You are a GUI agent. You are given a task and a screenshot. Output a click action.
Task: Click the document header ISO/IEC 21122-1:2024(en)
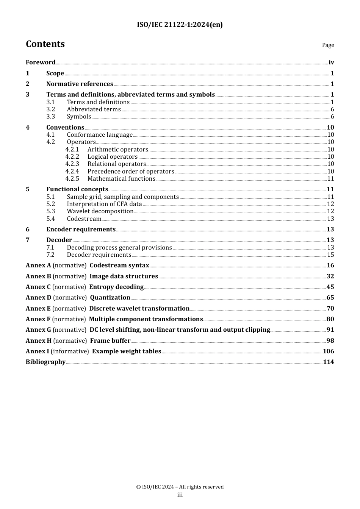[180, 25]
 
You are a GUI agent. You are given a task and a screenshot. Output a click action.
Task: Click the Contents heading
[45, 44]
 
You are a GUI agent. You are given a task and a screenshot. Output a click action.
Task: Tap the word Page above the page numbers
[328, 45]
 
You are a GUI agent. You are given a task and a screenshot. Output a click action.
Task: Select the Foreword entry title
[41, 62]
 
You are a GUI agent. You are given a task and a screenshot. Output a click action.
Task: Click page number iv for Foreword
[331, 62]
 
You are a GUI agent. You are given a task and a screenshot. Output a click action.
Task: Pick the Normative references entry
[80, 84]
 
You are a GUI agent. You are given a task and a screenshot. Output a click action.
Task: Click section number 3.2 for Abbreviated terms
[51, 109]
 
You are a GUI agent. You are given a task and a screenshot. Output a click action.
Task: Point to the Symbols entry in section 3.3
[79, 117]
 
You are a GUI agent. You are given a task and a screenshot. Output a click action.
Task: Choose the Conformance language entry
[100, 135]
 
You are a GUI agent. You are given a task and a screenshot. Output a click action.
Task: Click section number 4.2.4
[72, 172]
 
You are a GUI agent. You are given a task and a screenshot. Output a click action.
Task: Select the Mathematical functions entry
[121, 179]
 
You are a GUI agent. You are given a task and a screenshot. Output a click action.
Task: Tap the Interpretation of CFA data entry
[104, 204]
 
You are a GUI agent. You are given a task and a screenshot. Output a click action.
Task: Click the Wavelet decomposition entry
[100, 211]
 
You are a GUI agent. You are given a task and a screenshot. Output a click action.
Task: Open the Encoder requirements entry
[81, 230]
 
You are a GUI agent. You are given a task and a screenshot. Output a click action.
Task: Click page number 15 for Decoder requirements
[330, 255]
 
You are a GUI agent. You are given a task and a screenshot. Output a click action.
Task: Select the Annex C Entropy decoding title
[116, 287]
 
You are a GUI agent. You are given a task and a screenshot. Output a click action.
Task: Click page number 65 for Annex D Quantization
[330, 298]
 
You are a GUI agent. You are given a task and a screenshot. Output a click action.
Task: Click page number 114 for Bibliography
[329, 362]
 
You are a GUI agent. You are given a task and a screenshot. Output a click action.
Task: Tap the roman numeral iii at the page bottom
[180, 495]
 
